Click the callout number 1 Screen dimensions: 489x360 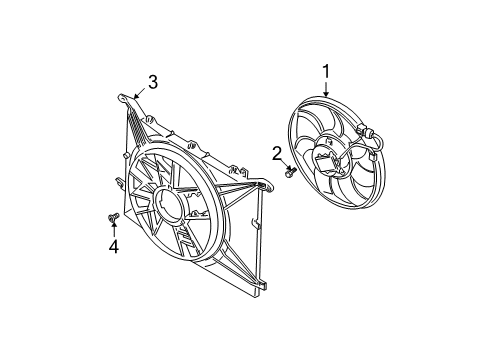coord(325,71)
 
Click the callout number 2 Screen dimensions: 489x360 coord(277,152)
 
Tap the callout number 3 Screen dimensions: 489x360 coord(152,83)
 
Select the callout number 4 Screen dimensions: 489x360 coord(114,246)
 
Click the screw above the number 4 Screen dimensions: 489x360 coord(112,215)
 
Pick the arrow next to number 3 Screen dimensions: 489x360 coord(138,93)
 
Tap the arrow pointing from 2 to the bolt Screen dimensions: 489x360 coord(283,164)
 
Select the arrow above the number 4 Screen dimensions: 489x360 coord(113,229)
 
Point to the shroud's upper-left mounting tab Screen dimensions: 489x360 coord(122,98)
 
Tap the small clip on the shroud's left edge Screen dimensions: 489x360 coord(119,182)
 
